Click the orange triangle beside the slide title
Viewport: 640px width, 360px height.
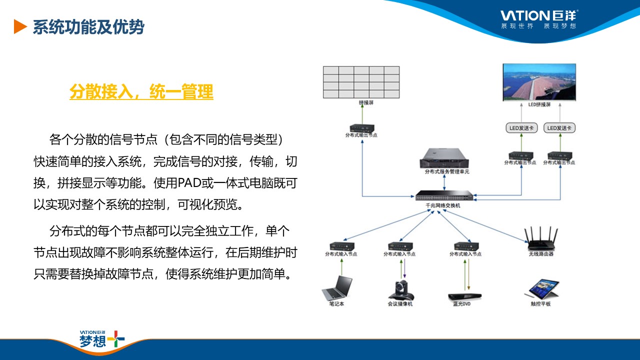[x=20, y=27]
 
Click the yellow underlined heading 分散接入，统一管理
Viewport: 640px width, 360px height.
[x=141, y=92]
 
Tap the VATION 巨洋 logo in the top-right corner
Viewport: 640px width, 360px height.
[x=539, y=18]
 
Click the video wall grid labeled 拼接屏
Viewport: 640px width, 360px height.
[x=361, y=81]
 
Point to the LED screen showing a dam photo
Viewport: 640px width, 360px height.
[x=539, y=82]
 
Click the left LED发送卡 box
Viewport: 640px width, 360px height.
[x=520, y=128]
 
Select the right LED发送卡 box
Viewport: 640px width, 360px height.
[x=559, y=128]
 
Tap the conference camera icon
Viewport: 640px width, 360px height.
[x=400, y=289]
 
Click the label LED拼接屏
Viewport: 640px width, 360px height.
[x=539, y=105]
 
